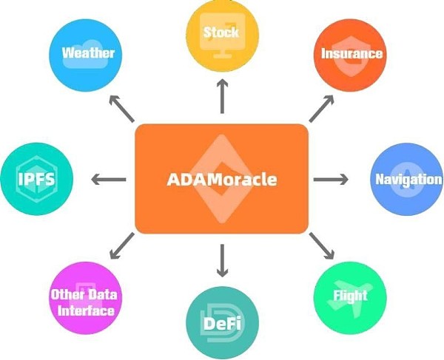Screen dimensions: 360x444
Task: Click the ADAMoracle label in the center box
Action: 221,180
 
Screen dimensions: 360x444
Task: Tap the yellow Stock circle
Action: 221,33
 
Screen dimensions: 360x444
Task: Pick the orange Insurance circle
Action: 351,53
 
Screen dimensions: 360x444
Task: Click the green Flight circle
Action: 350,296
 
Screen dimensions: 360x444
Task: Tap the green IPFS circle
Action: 37,180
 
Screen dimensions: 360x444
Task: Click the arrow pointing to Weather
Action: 123,110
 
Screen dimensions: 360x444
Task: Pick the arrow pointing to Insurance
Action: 320,109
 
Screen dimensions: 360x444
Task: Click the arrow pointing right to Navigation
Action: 331,179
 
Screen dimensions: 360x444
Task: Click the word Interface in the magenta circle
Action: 86,310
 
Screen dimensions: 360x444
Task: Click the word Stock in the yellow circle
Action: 221,32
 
